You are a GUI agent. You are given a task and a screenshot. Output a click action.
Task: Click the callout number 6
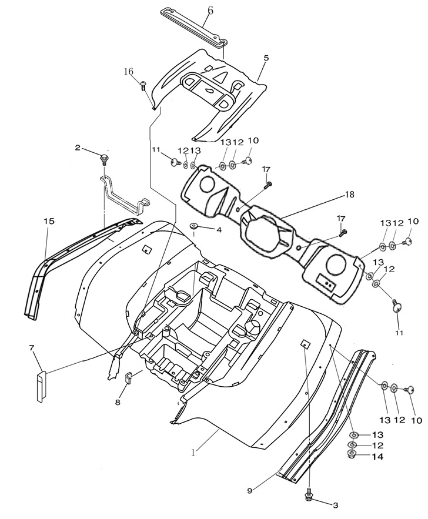click(x=210, y=11)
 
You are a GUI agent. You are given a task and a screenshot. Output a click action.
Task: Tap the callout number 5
click(x=266, y=58)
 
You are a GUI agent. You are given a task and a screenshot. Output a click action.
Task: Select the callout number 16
click(x=129, y=72)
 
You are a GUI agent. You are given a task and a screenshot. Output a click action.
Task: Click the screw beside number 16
click(x=143, y=86)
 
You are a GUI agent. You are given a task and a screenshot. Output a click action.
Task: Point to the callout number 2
click(x=78, y=148)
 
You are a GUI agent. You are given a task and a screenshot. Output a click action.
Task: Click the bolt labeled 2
click(x=104, y=158)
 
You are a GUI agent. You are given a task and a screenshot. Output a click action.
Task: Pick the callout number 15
click(x=49, y=221)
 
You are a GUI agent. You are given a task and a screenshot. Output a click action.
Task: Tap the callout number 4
click(x=219, y=230)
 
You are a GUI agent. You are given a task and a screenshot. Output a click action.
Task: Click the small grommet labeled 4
click(x=193, y=226)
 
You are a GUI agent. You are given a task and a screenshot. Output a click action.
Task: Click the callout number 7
click(x=32, y=349)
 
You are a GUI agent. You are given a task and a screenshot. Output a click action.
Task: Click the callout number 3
click(x=335, y=505)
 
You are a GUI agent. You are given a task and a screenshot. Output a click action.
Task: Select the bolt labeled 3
click(x=309, y=497)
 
